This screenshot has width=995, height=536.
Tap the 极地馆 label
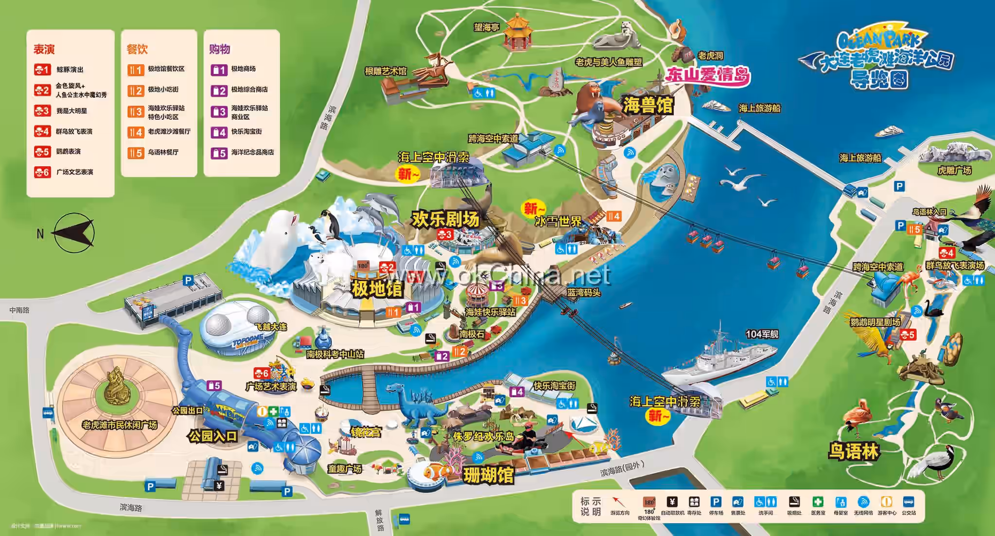pyautogui.click(x=377, y=289)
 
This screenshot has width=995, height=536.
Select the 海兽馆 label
pyautogui.click(x=648, y=105)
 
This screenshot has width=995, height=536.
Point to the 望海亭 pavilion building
pyautogui.click(x=517, y=32)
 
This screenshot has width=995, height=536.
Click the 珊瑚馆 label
pyautogui.click(x=488, y=475)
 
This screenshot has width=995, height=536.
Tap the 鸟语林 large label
pyautogui.click(x=854, y=451)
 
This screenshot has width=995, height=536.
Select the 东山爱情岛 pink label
pyautogui.click(x=707, y=75)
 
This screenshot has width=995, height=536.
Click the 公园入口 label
pyautogui.click(x=212, y=436)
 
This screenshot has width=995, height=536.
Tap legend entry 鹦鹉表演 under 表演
pyautogui.click(x=68, y=152)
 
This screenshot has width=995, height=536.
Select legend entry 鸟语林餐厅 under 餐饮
pyautogui.click(x=163, y=152)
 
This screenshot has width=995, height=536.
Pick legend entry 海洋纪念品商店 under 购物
pyautogui.click(x=252, y=152)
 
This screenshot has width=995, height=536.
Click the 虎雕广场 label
pyautogui.click(x=954, y=170)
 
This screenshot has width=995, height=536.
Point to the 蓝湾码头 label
pyautogui.click(x=583, y=293)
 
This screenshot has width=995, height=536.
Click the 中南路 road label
pyautogui.click(x=19, y=310)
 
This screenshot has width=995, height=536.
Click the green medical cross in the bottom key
pyautogui.click(x=818, y=502)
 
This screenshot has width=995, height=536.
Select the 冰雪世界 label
pyautogui.click(x=558, y=221)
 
